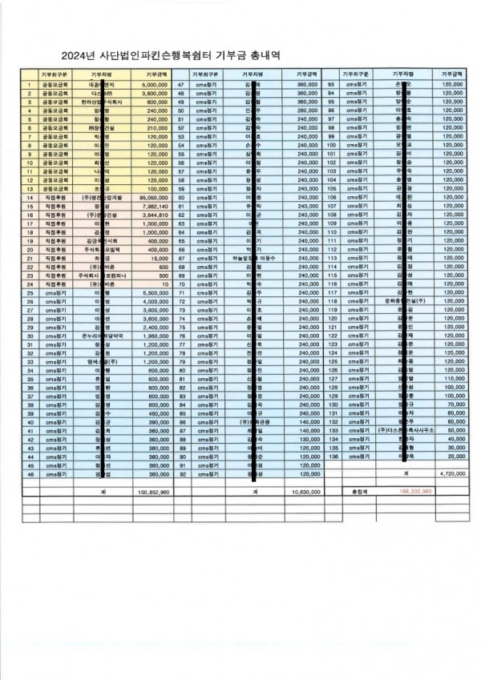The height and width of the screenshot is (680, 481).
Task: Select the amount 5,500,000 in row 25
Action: tap(153, 293)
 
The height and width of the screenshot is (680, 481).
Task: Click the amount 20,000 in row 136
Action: tap(455, 456)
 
